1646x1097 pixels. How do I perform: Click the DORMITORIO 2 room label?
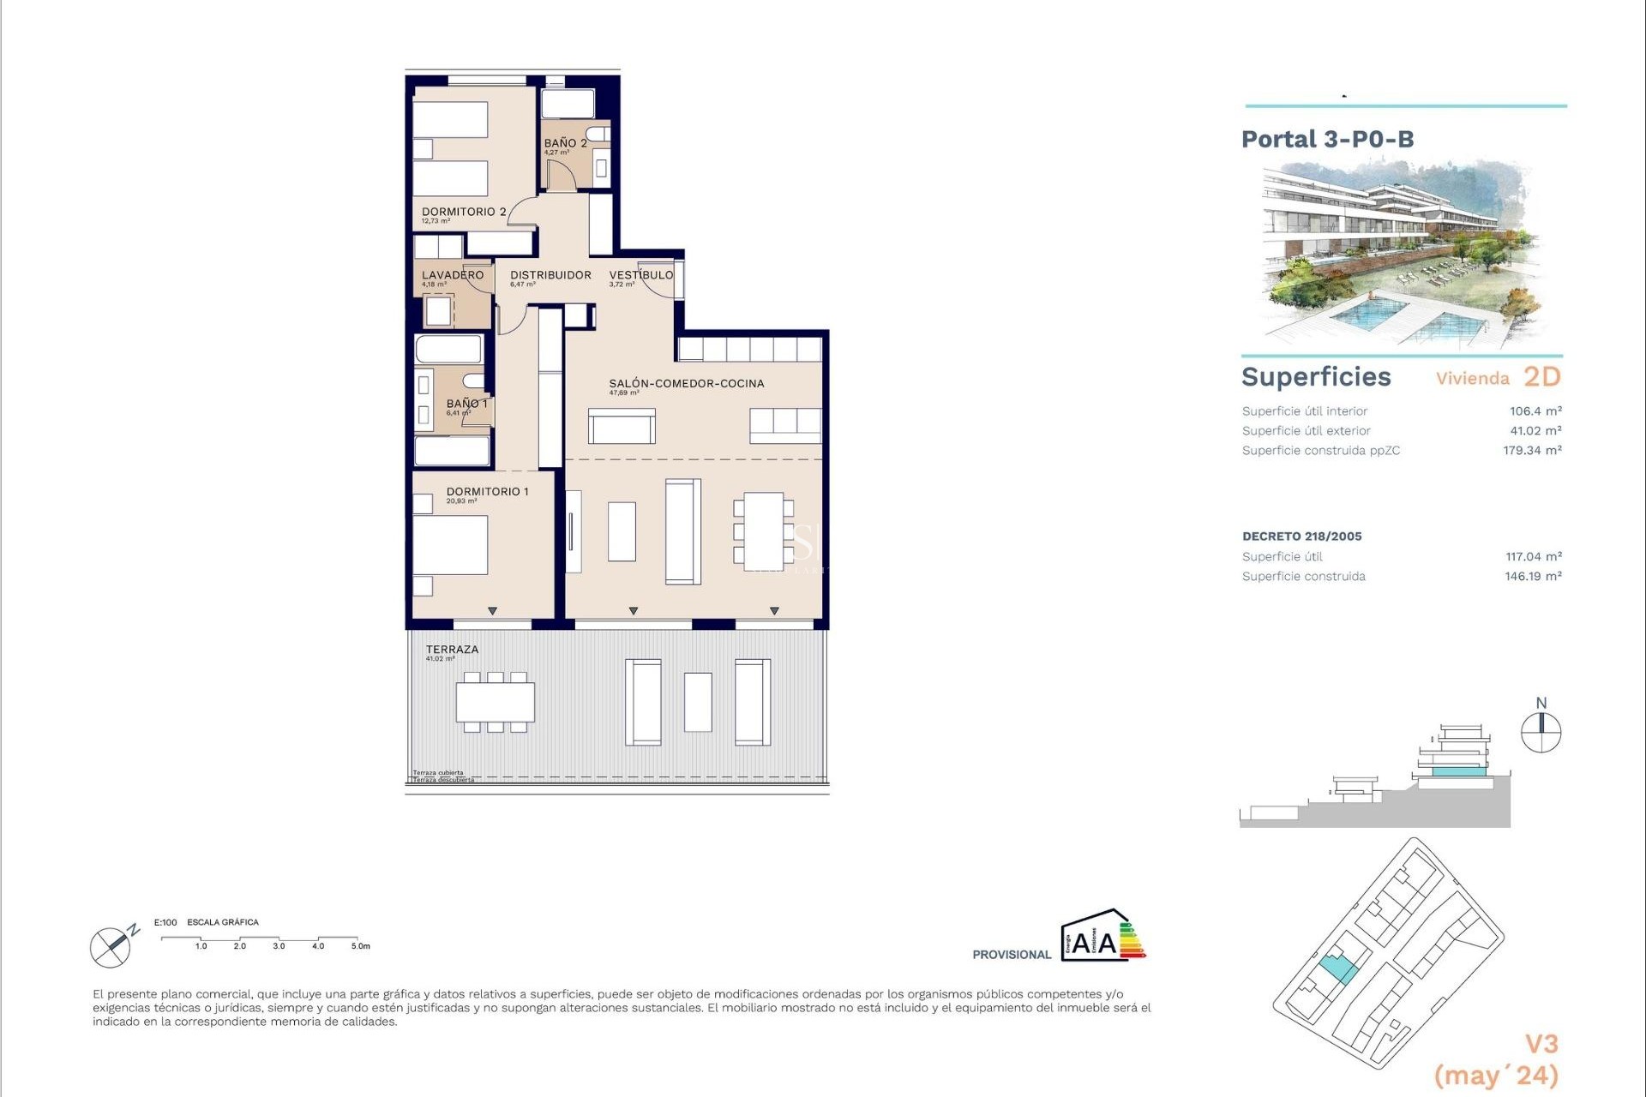click(x=463, y=212)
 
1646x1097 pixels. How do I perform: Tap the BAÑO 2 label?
click(x=565, y=143)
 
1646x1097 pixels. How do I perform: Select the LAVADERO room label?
click(x=452, y=275)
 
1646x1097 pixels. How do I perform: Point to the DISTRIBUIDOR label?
click(x=550, y=275)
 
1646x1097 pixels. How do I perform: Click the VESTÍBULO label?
click(x=640, y=275)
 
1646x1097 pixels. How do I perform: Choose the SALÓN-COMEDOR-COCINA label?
click(x=686, y=383)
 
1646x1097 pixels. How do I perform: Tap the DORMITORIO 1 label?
click(x=487, y=491)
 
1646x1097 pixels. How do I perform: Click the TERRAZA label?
click(x=452, y=650)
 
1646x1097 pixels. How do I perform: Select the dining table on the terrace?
click(x=495, y=702)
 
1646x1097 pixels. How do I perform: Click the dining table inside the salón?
click(x=763, y=531)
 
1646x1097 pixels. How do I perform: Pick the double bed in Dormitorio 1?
click(x=450, y=545)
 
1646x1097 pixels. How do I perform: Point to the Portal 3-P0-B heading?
click(x=1327, y=140)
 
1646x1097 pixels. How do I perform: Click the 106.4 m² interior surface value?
click(x=1535, y=411)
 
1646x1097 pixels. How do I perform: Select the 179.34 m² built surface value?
click(x=1531, y=451)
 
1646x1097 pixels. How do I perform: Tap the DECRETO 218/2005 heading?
click(x=1301, y=537)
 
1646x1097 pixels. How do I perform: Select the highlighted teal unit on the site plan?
click(x=1337, y=969)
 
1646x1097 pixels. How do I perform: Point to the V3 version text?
click(x=1541, y=1044)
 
